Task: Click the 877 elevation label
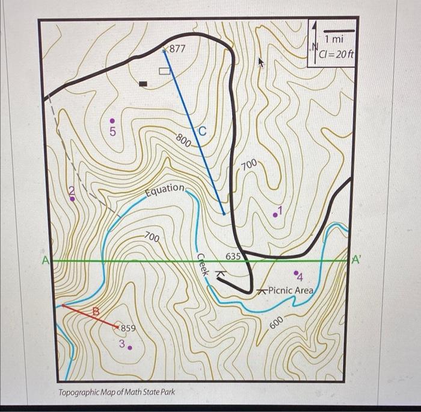pos(177,49)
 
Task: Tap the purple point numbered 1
pos(275,214)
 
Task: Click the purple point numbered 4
pos(297,273)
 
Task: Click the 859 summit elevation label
pos(129,328)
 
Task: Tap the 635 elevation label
pos(233,257)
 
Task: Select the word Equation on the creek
pos(165,189)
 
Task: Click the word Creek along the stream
pos(203,265)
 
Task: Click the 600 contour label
pos(276,322)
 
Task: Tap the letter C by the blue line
pos(201,130)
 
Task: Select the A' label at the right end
pos(357,260)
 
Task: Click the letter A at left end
pos(45,261)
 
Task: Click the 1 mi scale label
pos(334,39)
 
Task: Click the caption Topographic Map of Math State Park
pos(117,392)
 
